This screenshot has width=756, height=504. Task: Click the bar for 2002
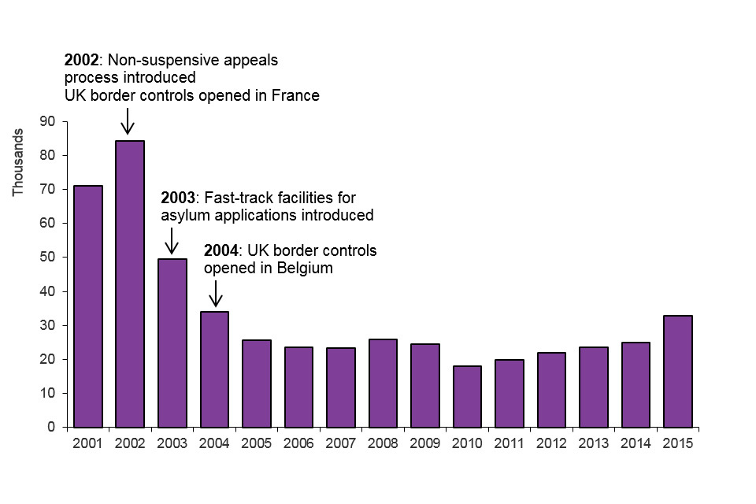[130, 283]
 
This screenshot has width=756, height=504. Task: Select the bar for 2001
[87, 306]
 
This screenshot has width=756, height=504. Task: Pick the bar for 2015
[678, 371]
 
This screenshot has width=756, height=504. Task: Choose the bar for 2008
[383, 383]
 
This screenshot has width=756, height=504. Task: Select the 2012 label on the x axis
[551, 443]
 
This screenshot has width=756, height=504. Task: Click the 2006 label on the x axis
[298, 443]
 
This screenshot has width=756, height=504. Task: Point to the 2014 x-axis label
[636, 443]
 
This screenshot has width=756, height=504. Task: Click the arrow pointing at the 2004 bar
[215, 293]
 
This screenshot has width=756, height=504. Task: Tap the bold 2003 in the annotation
[177, 197]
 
